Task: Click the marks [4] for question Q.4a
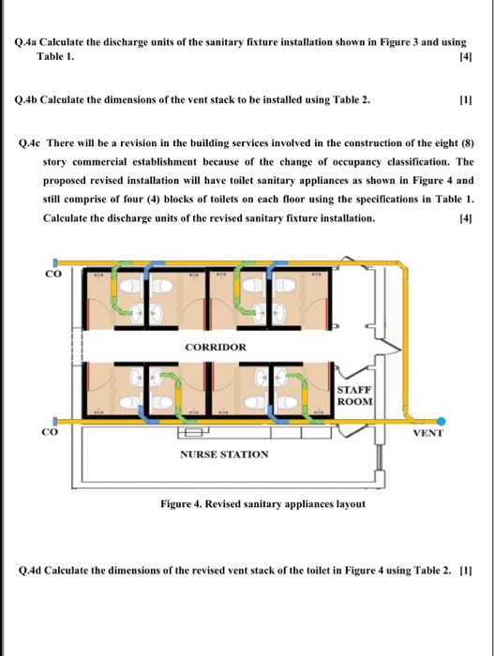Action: (460, 58)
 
